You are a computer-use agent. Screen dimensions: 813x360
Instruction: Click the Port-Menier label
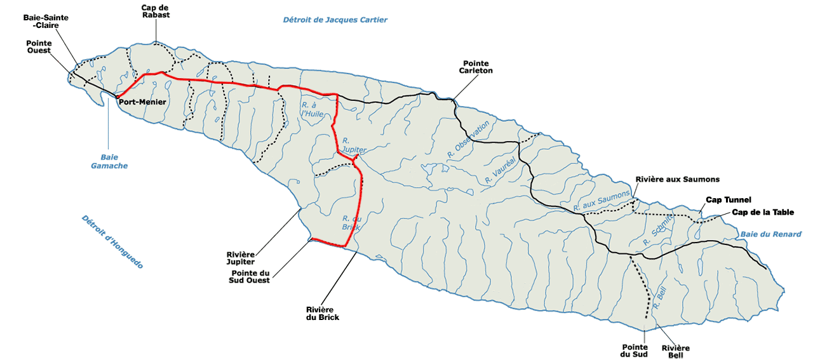point(142,102)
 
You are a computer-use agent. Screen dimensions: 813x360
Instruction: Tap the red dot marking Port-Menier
point(118,97)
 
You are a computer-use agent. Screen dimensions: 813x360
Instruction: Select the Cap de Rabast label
point(156,11)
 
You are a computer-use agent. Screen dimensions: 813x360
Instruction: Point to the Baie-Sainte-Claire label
point(46,22)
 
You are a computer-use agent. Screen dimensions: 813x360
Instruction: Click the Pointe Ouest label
point(39,47)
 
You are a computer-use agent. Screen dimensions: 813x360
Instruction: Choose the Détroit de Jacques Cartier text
point(335,20)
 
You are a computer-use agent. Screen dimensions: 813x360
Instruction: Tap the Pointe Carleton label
point(476,67)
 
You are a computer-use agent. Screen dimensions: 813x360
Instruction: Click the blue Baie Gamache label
point(109,161)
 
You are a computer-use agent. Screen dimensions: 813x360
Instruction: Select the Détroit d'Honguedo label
point(112,242)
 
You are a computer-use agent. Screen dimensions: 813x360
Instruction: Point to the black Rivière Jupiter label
point(241,258)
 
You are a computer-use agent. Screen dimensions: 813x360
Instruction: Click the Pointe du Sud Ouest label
point(250,277)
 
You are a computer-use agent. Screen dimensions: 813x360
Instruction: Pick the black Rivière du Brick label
point(323,314)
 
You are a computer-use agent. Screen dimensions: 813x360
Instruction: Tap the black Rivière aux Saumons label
point(678,179)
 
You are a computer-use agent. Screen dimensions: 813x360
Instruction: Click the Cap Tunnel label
point(729,199)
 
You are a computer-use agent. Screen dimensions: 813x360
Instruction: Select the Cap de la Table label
point(763,212)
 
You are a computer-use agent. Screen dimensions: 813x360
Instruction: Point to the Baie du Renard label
point(771,234)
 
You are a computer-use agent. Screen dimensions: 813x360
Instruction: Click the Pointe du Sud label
point(635,350)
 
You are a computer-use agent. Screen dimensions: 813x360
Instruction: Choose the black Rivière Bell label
point(675,352)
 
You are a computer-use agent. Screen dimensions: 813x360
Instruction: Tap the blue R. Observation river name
point(468,139)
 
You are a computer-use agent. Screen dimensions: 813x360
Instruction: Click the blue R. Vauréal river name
point(500,171)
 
